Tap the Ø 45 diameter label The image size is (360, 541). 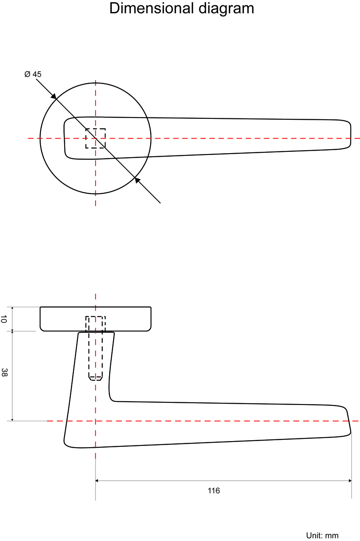click(x=33, y=74)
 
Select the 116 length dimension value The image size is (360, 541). click(x=214, y=490)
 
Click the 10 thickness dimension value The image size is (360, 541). click(x=4, y=319)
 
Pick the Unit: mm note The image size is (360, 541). click(x=322, y=535)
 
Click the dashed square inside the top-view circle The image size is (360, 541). click(x=96, y=138)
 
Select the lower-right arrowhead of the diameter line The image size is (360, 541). click(x=137, y=180)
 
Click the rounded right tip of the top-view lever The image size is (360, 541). click(x=350, y=133)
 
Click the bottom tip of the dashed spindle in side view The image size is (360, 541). click(x=96, y=379)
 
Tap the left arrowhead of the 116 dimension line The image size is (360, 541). click(x=98, y=481)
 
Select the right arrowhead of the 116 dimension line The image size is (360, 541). click(x=349, y=481)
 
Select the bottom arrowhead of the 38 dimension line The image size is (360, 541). click(x=13, y=419)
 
